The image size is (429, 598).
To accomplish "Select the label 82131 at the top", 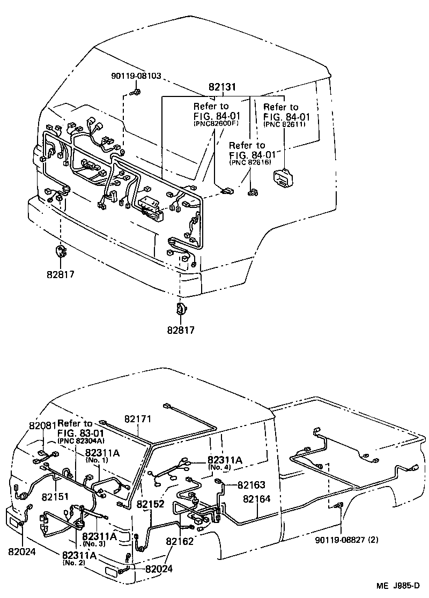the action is point(223,87).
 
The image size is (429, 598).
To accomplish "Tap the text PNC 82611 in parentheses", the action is point(284,124).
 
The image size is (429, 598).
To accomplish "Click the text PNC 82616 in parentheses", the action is point(249,162).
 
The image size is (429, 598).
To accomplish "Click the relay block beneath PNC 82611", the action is point(283,177).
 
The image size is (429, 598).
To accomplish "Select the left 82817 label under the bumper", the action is point(60,275).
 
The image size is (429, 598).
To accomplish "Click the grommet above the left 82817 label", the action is point(60,251).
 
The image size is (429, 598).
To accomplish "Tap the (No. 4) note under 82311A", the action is point(220,468).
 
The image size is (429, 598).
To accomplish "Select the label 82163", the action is point(252,485).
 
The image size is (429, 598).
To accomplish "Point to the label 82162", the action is point(180,541).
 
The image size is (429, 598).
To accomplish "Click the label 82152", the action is point(150,505).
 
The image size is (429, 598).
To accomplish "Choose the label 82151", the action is point(56,497).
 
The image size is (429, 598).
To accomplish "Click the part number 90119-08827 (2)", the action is point(346,540).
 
